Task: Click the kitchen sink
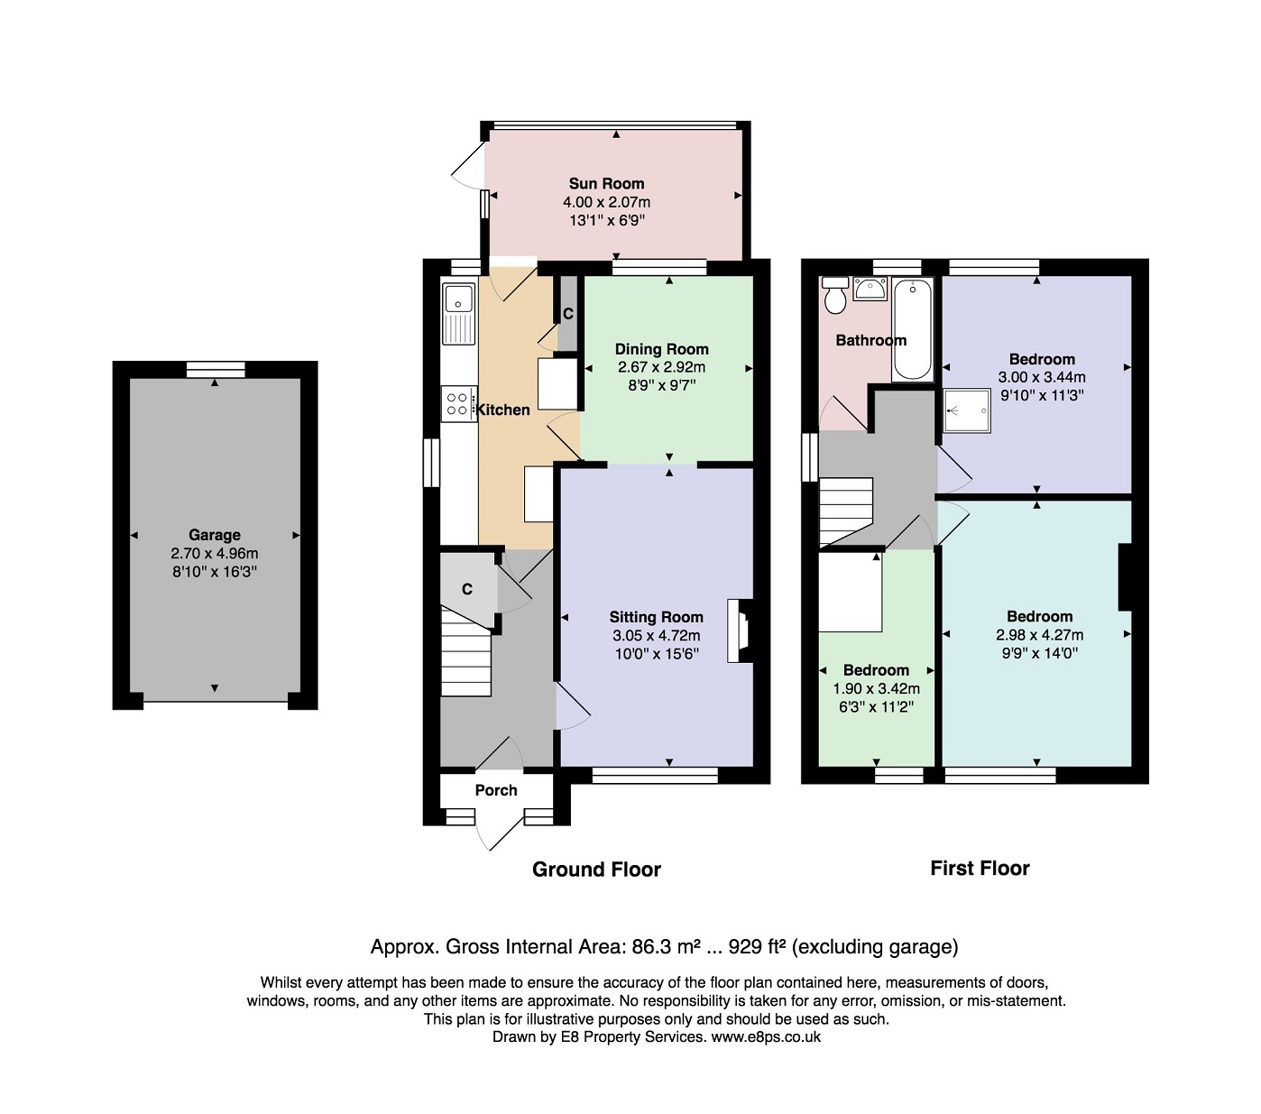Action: [x=458, y=314]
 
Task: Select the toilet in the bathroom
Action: [x=834, y=295]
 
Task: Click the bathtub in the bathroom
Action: [x=912, y=329]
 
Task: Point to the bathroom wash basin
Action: [x=870, y=289]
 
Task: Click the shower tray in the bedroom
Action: [x=966, y=410]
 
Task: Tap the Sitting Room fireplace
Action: [x=740, y=631]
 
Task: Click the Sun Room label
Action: [x=606, y=184]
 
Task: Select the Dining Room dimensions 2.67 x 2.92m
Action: [x=662, y=367]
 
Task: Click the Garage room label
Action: [x=215, y=535]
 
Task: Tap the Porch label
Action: [x=496, y=790]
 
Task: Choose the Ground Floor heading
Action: [x=596, y=869]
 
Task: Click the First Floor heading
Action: [x=980, y=868]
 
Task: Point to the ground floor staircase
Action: [x=466, y=652]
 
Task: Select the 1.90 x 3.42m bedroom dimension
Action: [x=877, y=688]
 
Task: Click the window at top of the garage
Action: [x=216, y=370]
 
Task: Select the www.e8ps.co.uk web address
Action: [x=766, y=1036]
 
